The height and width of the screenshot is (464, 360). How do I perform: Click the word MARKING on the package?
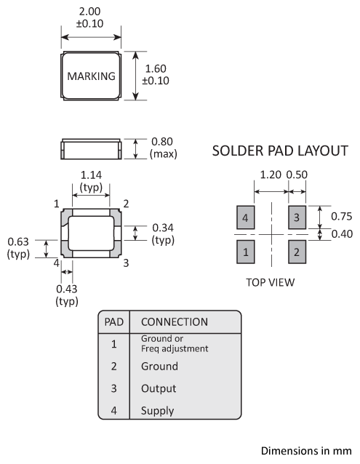tap(91, 76)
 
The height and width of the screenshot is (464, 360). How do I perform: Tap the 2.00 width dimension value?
tap(89, 12)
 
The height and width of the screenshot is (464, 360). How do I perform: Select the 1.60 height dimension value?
tap(156, 68)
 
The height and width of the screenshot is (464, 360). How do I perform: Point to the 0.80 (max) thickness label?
tap(164, 148)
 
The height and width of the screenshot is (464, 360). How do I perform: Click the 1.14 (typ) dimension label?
tap(91, 181)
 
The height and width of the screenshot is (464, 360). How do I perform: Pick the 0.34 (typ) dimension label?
tap(163, 233)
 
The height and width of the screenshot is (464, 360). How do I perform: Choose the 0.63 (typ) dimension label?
tap(18, 248)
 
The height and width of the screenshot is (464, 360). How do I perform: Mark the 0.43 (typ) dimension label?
tap(67, 295)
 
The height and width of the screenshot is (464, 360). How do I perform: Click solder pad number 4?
tap(246, 217)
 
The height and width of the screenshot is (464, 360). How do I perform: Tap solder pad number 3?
tap(297, 217)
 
